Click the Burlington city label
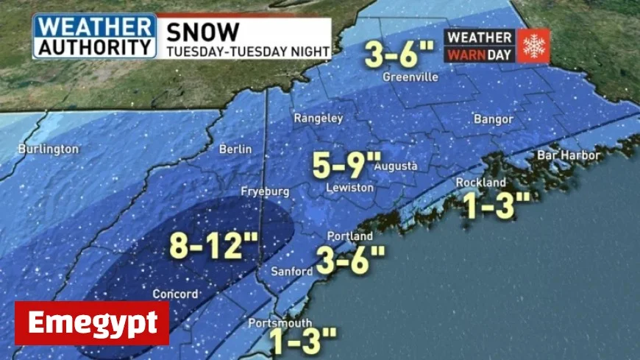coord(49,149)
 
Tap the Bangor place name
coord(493,119)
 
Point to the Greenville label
coord(410,77)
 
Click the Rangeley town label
coord(319,118)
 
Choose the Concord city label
coord(175,294)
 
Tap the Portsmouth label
coord(280,323)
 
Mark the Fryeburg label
coord(265,191)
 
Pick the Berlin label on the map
coord(235,149)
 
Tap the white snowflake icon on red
coord(533,46)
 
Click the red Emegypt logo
coord(92,323)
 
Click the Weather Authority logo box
coord(94,36)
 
